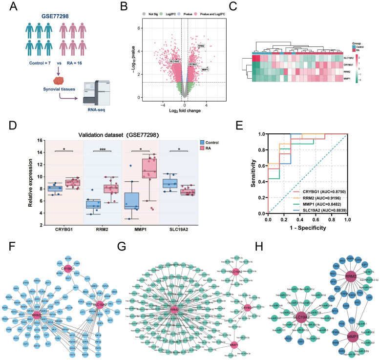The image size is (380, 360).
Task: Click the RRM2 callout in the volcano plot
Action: [x=201, y=46]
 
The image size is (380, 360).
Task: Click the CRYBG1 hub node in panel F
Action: [x=84, y=269]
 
